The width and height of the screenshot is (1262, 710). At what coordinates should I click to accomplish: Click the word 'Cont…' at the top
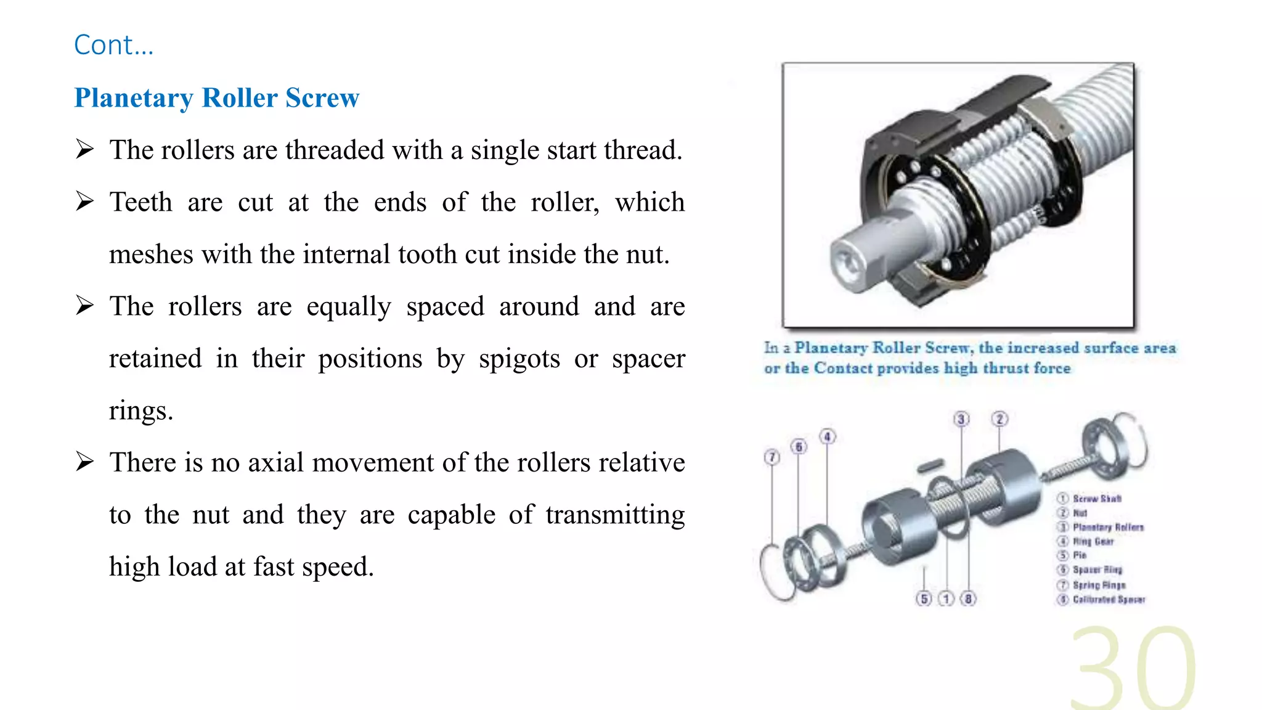[113, 45]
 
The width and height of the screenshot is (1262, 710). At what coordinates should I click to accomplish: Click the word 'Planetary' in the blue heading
[134, 98]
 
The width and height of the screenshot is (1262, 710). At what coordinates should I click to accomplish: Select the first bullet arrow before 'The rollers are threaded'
[84, 149]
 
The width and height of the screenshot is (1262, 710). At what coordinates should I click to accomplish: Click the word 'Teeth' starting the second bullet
[140, 202]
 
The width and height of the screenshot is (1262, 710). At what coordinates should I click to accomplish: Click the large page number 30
[1133, 669]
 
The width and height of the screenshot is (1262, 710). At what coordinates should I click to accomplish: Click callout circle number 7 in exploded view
[771, 457]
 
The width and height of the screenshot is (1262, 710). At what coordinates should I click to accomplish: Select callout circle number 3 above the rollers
[961, 419]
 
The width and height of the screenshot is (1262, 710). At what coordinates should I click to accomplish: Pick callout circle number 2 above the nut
[999, 419]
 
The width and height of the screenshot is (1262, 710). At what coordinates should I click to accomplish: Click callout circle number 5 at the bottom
[924, 598]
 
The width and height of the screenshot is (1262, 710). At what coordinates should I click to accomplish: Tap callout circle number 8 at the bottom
[969, 598]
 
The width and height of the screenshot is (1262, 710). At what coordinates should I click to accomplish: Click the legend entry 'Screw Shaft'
[1097, 499]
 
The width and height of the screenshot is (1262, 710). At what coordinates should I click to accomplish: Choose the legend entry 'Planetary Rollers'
[1108, 528]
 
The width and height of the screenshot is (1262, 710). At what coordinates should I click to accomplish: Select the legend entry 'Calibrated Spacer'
[1109, 600]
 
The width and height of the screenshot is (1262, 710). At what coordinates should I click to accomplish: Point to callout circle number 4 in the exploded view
[828, 437]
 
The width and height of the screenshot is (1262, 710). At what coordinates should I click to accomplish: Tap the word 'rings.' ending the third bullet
[141, 410]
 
